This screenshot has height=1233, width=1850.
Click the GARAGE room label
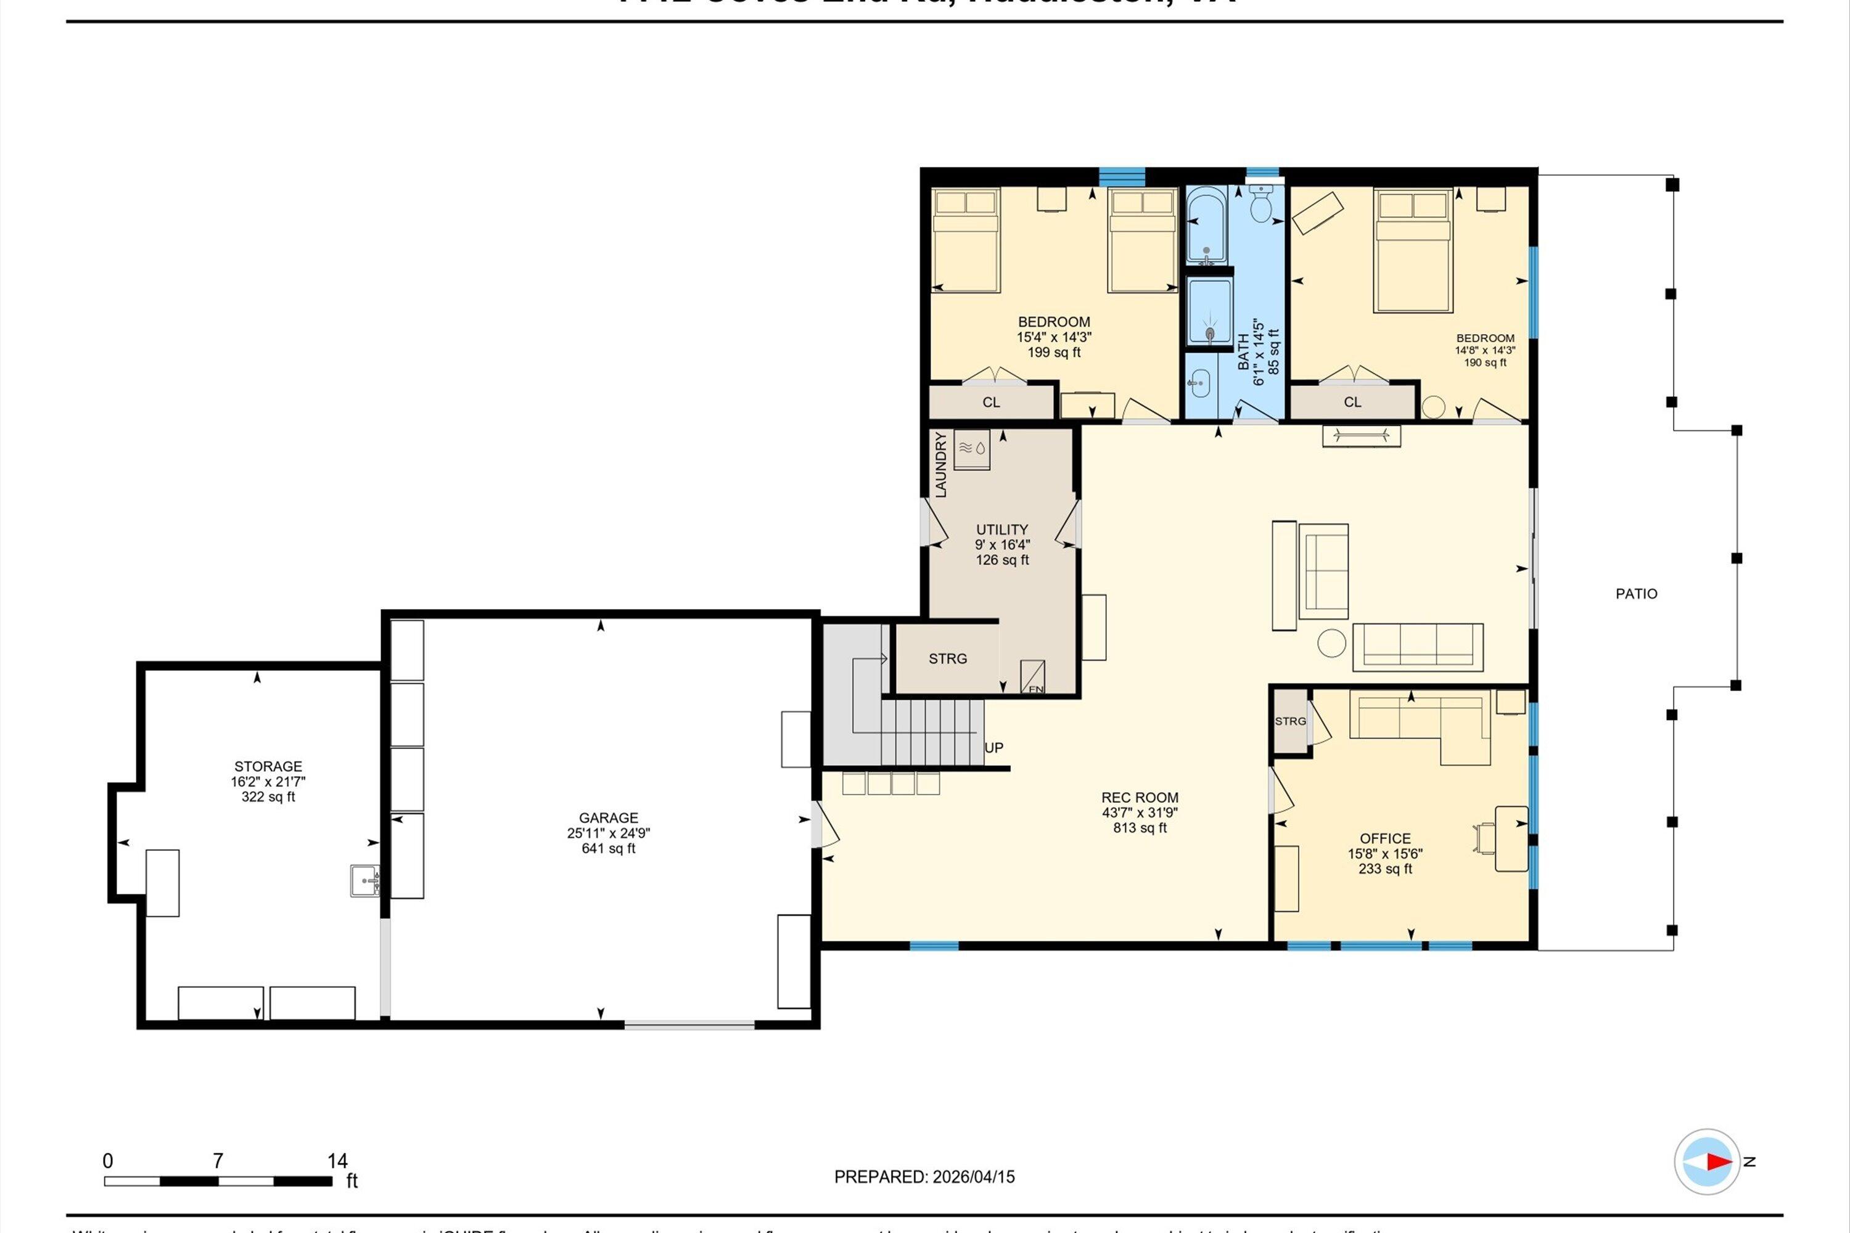click(x=608, y=818)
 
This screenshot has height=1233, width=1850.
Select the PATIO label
click(x=1636, y=594)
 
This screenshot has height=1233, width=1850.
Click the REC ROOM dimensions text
click(x=1140, y=813)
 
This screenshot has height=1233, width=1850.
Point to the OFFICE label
click(x=1385, y=838)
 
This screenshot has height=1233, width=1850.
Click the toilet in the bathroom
click(x=1261, y=205)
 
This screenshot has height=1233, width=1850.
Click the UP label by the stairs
click(x=993, y=748)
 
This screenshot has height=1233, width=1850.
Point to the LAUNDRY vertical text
click(x=941, y=465)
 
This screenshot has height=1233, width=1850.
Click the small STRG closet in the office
click(x=1290, y=721)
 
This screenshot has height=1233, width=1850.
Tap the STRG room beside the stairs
click(x=947, y=659)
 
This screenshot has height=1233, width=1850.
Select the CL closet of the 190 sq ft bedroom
click(x=1352, y=402)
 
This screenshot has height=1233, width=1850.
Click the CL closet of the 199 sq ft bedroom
click(x=991, y=402)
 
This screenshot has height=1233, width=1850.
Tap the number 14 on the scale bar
click(x=337, y=1161)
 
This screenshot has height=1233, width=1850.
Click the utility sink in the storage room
click(x=365, y=881)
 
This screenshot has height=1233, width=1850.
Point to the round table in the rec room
click(x=1333, y=642)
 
